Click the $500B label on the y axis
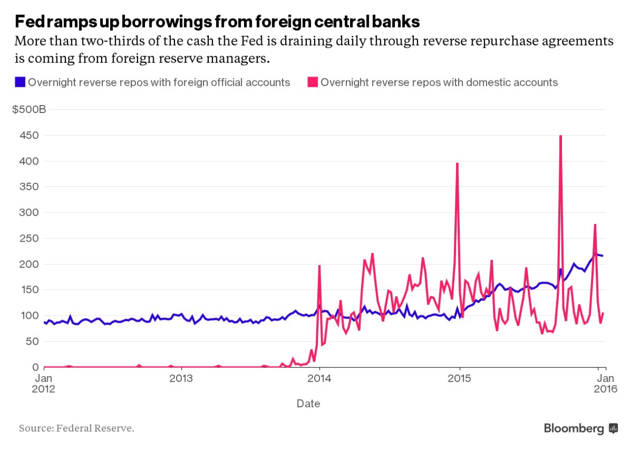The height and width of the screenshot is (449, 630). tap(29, 110)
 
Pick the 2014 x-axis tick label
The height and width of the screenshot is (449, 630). tap(320, 378)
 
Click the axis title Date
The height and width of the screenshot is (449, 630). tap(308, 403)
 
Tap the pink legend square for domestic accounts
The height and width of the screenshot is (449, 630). tap(312, 83)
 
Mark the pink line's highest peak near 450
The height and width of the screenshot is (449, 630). tap(560, 136)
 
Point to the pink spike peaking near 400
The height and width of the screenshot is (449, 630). tap(457, 163)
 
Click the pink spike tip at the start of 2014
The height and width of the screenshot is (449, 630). tap(319, 266)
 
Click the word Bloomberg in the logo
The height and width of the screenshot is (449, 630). tap(574, 428)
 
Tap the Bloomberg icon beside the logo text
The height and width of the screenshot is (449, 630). tap(613, 428)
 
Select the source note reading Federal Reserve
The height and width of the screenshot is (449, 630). tap(77, 428)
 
